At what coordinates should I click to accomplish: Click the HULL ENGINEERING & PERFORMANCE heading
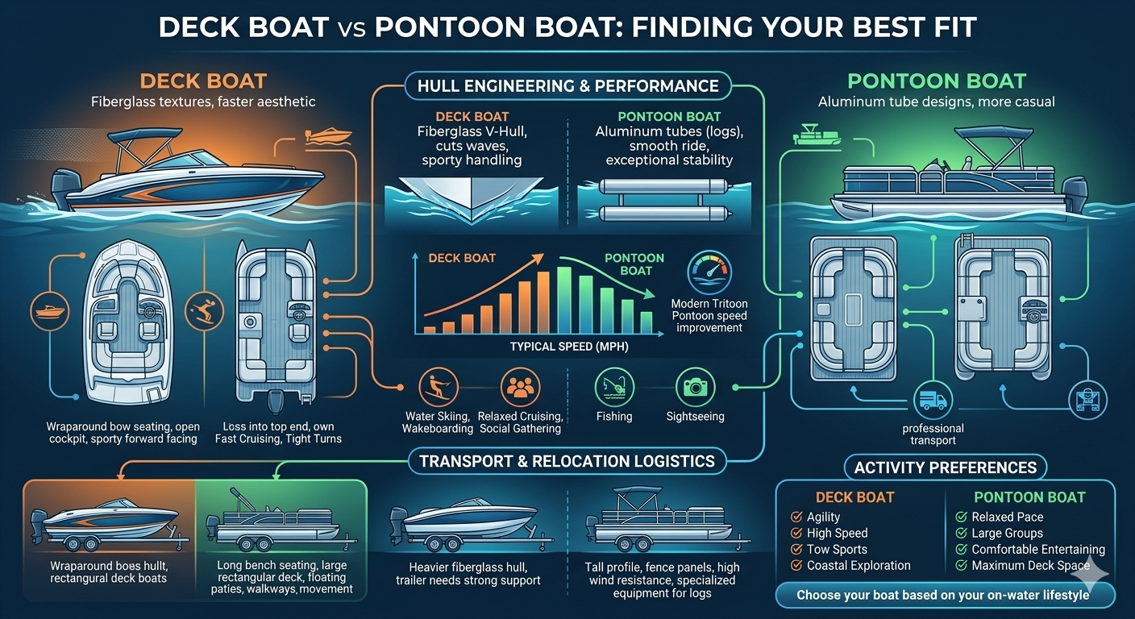tap(567, 85)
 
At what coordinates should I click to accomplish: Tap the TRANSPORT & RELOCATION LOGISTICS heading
tap(567, 462)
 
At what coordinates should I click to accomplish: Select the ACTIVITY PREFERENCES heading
tap(946, 467)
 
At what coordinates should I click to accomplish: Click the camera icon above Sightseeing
tap(694, 387)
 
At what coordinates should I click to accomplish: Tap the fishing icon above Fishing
tap(614, 387)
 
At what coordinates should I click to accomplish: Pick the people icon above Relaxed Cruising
tap(519, 387)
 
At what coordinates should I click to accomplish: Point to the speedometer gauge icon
tap(709, 272)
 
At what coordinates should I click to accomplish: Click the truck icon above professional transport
tap(933, 401)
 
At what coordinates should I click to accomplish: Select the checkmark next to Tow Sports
tap(797, 550)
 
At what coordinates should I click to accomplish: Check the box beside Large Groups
tap(961, 534)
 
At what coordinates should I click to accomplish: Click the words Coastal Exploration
tap(859, 566)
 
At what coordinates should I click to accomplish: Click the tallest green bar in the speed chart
tap(564, 300)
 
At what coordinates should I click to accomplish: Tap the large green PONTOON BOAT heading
tap(936, 81)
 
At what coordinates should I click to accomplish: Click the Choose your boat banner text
tap(942, 596)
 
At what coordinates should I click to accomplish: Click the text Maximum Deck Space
tap(1031, 566)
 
